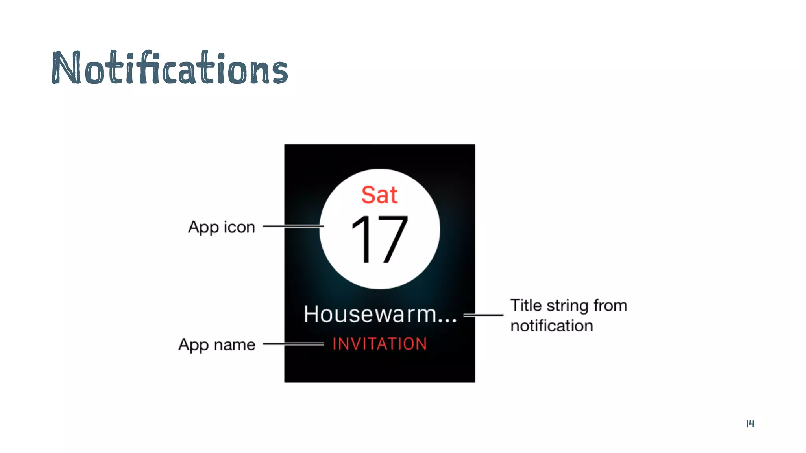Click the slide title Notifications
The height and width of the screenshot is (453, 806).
(170, 68)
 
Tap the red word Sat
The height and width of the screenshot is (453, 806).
(379, 195)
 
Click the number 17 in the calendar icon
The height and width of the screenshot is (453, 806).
(379, 239)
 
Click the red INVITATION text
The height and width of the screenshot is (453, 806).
(380, 344)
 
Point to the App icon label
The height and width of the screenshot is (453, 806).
(222, 227)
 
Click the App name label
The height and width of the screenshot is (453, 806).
(217, 344)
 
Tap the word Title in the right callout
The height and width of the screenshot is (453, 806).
(526, 306)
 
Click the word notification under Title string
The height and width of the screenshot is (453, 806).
(551, 326)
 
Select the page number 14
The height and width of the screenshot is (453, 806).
(750, 424)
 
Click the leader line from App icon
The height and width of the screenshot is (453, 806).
(293, 226)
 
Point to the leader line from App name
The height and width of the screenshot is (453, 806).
(293, 344)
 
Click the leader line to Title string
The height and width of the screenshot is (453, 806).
(483, 315)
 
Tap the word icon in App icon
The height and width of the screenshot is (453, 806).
(239, 227)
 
